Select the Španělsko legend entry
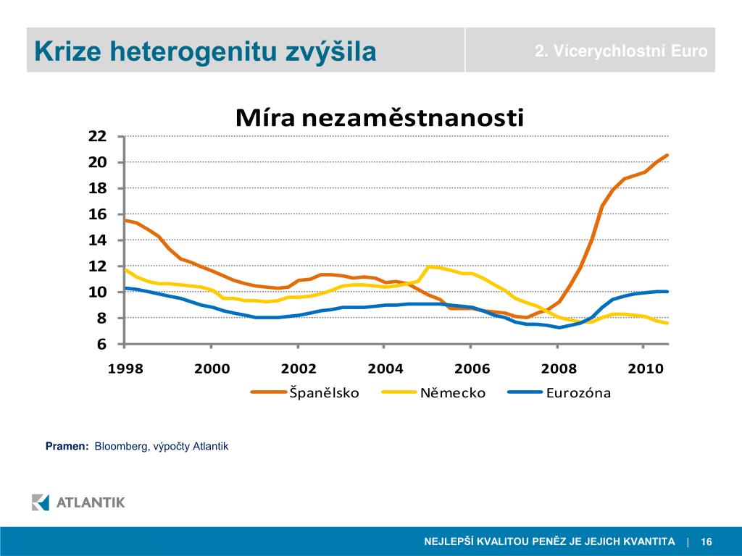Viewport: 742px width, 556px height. click(324, 393)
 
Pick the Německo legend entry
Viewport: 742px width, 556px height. click(452, 393)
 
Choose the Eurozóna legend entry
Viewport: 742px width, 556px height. click(578, 393)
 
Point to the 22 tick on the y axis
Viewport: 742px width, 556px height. click(98, 136)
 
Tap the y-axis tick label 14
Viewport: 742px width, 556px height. click(98, 240)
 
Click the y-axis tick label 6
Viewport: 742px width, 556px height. click(101, 345)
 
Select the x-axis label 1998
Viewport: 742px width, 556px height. click(125, 368)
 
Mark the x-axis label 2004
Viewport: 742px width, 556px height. click(385, 368)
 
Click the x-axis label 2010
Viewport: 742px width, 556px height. click(646, 368)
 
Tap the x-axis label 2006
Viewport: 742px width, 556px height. click(472, 368)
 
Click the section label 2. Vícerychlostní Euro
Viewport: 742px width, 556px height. click(621, 51)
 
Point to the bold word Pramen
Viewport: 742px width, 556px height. click(67, 447)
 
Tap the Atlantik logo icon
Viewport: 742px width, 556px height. click(41, 502)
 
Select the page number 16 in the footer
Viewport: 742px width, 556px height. click(706, 542)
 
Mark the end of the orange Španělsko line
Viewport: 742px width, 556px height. click(667, 155)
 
